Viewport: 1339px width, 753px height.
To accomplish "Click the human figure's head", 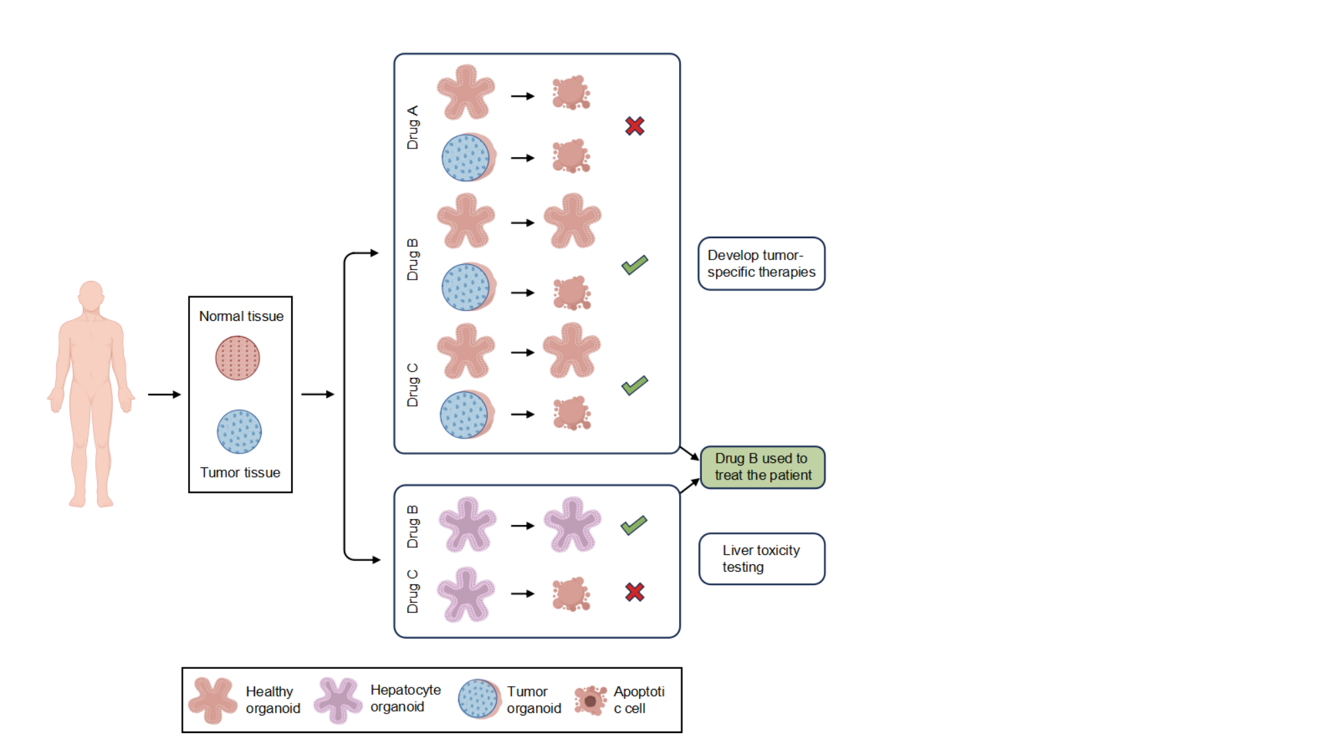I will tap(91, 296).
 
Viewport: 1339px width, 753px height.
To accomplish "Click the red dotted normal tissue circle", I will tap(238, 358).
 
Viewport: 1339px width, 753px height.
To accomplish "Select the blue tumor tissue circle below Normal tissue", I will tap(240, 431).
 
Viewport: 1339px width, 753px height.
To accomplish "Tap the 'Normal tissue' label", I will tap(242, 316).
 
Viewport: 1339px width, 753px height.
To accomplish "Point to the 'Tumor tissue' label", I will tap(240, 473).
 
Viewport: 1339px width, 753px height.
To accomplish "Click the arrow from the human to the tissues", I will tap(165, 395).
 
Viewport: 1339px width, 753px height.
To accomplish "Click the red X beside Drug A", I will tap(634, 126).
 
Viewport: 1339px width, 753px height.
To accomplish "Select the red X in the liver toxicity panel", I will tap(634, 592).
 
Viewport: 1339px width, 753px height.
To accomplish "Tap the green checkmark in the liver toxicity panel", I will tap(634, 525).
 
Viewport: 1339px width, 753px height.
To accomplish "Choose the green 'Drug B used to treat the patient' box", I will tap(763, 467).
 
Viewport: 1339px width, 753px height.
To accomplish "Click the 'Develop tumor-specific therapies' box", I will tap(762, 263).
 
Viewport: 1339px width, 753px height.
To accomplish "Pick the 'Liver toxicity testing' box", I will tap(762, 559).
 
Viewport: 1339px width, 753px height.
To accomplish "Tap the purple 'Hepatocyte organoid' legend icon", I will tap(337, 700).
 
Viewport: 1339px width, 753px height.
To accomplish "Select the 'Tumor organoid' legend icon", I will tap(479, 700).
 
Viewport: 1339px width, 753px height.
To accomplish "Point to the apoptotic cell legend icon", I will tap(590, 701).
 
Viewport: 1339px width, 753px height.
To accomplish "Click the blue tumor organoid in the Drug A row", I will tap(468, 157).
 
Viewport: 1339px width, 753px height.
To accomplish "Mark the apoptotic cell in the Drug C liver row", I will tap(571, 595).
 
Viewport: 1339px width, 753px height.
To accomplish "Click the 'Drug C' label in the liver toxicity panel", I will tap(413, 591).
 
